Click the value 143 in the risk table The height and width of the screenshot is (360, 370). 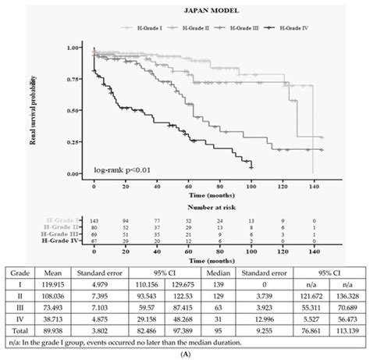pos(95,223)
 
